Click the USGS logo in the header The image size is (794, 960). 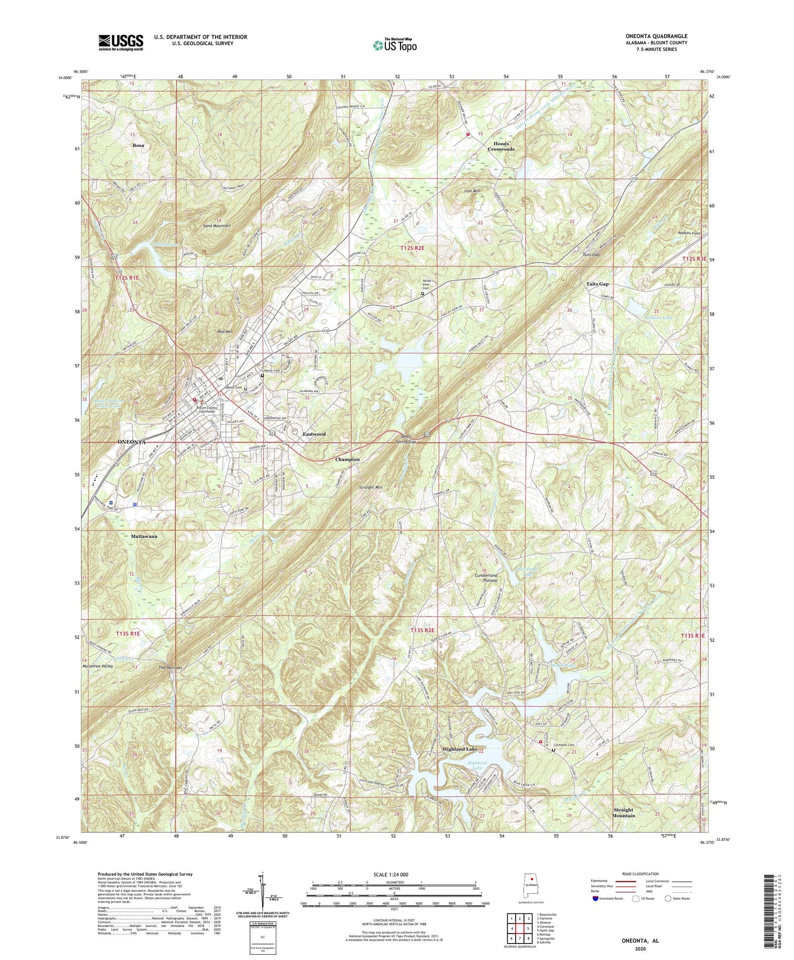[121, 42]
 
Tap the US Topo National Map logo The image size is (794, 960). [394, 44]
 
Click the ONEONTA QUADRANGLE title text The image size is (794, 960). [656, 36]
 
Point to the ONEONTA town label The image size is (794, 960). [128, 441]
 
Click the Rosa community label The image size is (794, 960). [139, 145]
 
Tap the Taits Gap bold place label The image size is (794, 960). [597, 284]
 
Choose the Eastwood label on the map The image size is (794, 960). [314, 434]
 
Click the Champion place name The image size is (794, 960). [347, 460]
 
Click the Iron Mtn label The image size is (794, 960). [473, 191]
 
